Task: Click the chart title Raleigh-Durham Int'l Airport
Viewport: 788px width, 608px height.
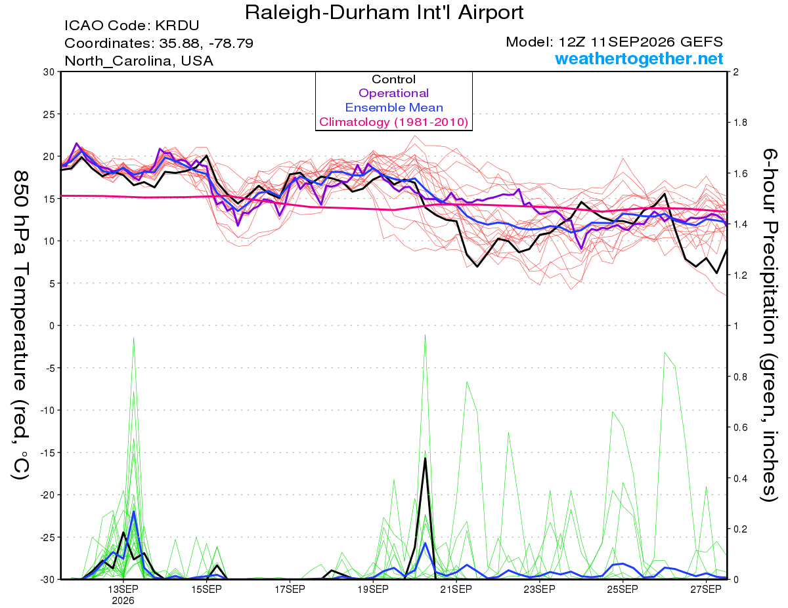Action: [x=384, y=12]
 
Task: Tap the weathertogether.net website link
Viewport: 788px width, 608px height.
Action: [x=639, y=58]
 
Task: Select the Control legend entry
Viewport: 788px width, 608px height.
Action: [x=393, y=79]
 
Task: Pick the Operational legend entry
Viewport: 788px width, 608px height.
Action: [x=393, y=93]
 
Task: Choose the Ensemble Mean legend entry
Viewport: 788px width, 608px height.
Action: [x=394, y=108]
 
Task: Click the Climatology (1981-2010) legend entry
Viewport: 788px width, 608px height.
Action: [x=393, y=122]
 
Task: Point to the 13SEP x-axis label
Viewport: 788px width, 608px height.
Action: [x=123, y=590]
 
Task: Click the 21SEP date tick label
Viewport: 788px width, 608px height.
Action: [x=456, y=590]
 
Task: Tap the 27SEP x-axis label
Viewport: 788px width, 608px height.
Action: [x=706, y=590]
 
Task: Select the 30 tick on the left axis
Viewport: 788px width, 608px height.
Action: [x=49, y=72]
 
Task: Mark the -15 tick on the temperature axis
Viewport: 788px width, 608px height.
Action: [x=47, y=453]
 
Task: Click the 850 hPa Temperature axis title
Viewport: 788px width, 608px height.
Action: [x=20, y=325]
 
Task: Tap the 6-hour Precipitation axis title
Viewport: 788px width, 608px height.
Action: [x=769, y=325]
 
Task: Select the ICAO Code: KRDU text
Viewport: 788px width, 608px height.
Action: [x=131, y=26]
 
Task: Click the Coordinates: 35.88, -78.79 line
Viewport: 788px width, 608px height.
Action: [x=159, y=43]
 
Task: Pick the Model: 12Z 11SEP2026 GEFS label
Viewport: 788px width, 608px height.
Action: [x=614, y=42]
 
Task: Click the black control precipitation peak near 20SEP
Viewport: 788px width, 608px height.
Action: [x=425, y=458]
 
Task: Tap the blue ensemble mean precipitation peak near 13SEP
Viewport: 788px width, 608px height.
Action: [x=134, y=512]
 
